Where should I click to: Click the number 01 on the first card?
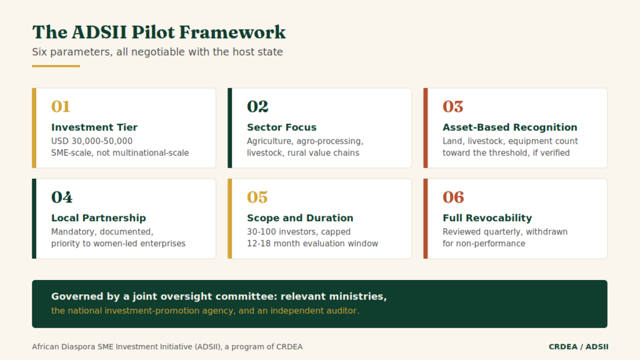tap(61, 106)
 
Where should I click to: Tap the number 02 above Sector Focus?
tap(257, 106)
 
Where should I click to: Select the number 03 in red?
tap(453, 106)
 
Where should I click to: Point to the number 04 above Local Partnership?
tap(62, 197)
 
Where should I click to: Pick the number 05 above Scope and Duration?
tap(257, 197)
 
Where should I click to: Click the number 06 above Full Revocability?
tap(454, 197)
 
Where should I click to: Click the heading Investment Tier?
tap(94, 127)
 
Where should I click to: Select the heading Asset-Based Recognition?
tap(510, 127)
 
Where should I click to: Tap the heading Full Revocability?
tap(487, 218)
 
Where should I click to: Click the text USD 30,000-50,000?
tap(92, 141)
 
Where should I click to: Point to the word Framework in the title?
tap(232, 32)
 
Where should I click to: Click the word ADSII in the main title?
tap(99, 32)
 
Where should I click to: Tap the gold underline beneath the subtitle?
tap(56, 66)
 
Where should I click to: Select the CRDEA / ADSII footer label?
tap(578, 347)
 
